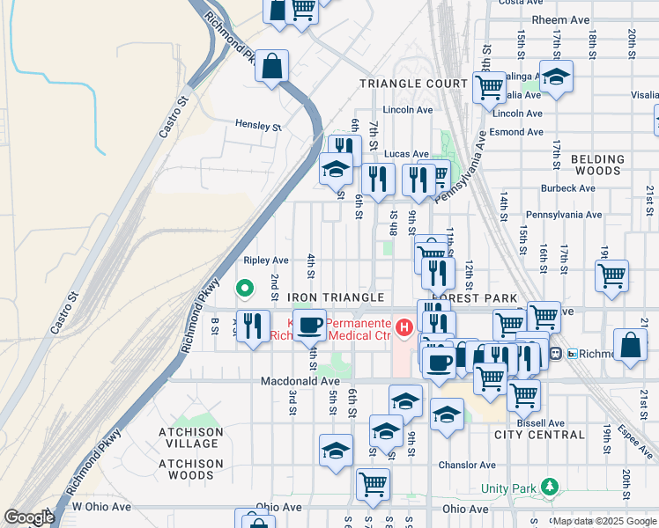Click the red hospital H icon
point(404,328)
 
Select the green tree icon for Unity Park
point(551,487)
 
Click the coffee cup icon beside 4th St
point(308,325)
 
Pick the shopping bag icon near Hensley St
point(272,65)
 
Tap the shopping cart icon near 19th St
point(611,275)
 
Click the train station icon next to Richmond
point(556,354)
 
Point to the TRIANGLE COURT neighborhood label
point(413,84)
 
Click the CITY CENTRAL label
point(539,435)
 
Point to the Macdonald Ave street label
point(300,381)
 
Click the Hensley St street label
point(257,126)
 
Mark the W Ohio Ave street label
point(100,507)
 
